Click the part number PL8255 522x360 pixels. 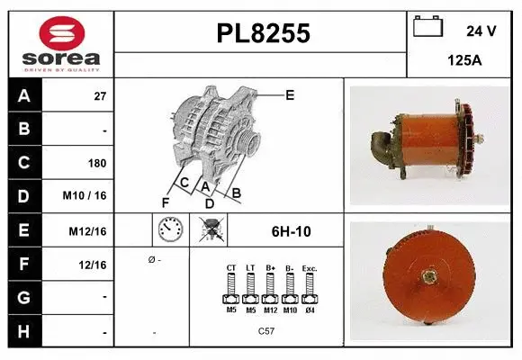point(264,34)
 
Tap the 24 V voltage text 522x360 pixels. point(481,31)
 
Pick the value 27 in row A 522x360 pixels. point(100,96)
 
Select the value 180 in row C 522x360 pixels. point(97,164)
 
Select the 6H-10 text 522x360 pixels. point(291,231)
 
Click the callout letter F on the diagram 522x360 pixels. point(165,201)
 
